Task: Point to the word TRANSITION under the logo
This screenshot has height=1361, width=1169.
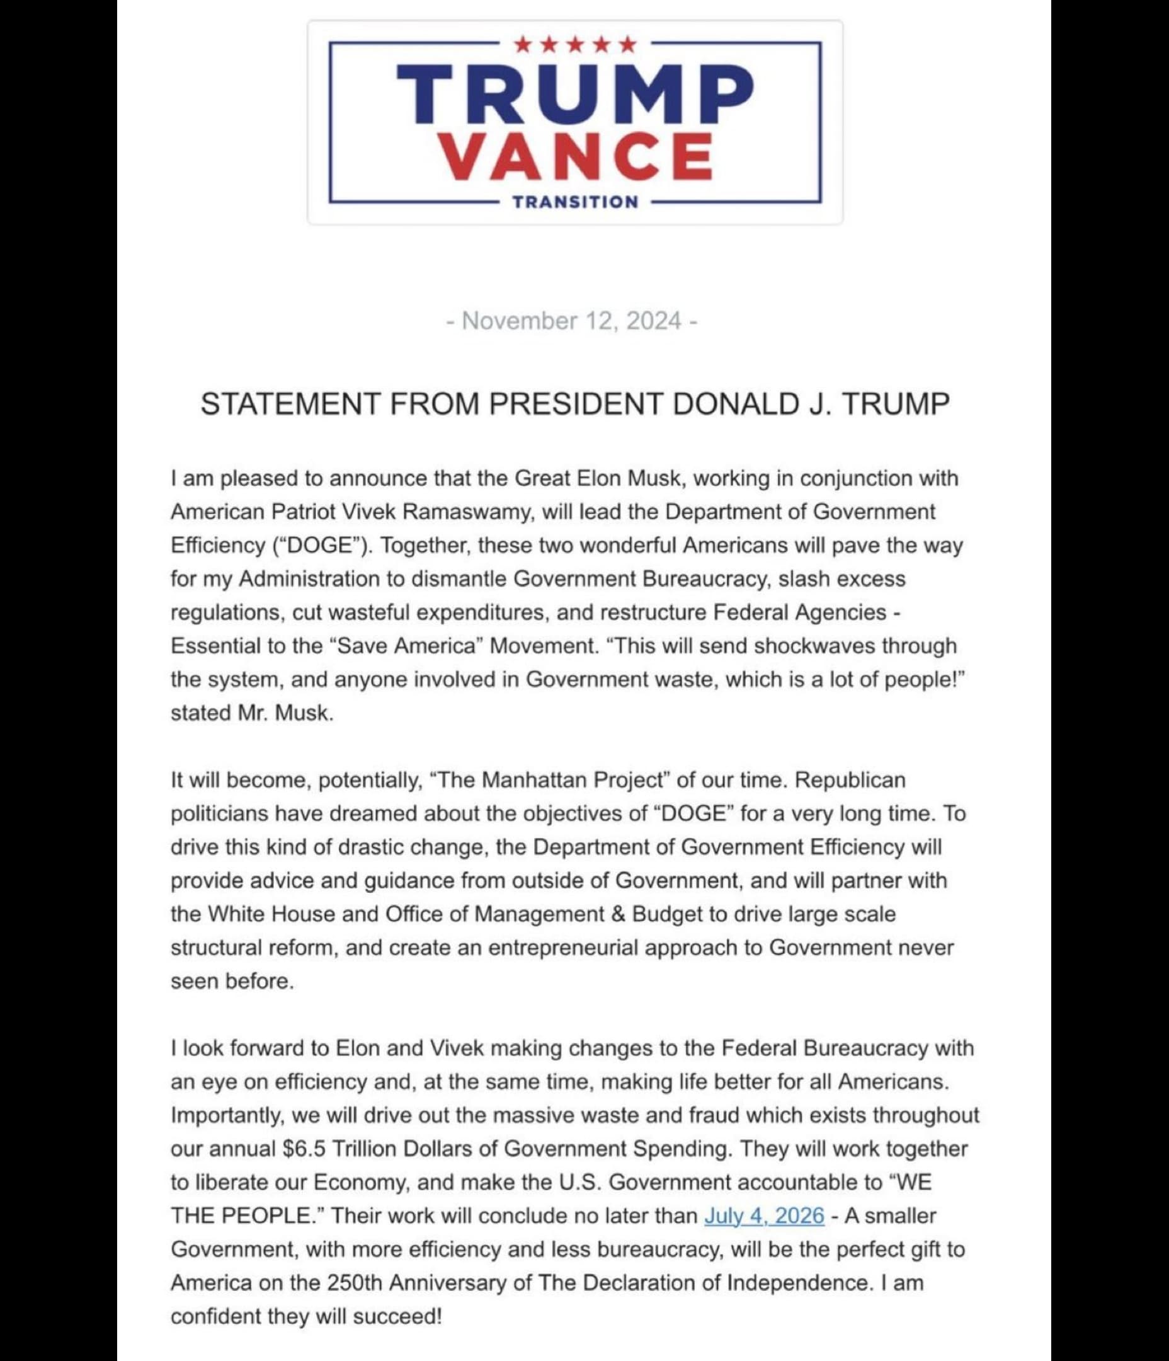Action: point(575,202)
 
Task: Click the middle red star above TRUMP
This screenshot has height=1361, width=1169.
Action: point(575,45)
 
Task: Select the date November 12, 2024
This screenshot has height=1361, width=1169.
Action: point(571,321)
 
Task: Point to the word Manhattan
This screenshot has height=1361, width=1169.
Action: point(534,779)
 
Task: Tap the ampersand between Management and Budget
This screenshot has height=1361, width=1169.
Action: point(618,914)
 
